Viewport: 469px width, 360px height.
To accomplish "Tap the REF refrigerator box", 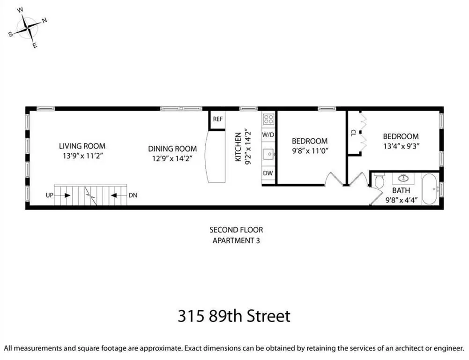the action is pyautogui.click(x=217, y=120).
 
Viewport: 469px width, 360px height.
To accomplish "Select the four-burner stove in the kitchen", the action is pyautogui.click(x=268, y=120).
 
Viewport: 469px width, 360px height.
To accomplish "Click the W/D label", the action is pyautogui.click(x=268, y=135).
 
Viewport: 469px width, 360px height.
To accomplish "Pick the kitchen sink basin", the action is pyautogui.click(x=268, y=154).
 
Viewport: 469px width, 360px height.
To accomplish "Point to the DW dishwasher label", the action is pyautogui.click(x=268, y=173).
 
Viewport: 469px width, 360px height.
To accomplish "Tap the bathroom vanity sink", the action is pyautogui.click(x=403, y=178).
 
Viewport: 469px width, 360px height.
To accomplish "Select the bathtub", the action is pyautogui.click(x=430, y=189).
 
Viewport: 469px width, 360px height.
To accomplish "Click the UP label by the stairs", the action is pyautogui.click(x=49, y=195).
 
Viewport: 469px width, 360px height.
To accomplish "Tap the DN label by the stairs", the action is pyautogui.click(x=133, y=195).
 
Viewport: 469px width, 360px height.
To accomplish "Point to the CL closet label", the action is pyautogui.click(x=354, y=133).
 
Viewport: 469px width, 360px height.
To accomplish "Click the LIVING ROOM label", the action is pyautogui.click(x=82, y=146).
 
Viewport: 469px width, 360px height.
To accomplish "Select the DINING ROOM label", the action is pyautogui.click(x=172, y=149).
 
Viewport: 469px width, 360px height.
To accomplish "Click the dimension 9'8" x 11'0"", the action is pyautogui.click(x=310, y=150).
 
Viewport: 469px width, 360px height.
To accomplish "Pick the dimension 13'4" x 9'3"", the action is pyautogui.click(x=401, y=146).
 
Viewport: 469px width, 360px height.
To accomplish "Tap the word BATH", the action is pyautogui.click(x=401, y=190).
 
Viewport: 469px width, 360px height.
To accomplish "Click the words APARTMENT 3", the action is pyautogui.click(x=236, y=240).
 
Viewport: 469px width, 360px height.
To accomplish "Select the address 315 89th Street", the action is pyautogui.click(x=234, y=316).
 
